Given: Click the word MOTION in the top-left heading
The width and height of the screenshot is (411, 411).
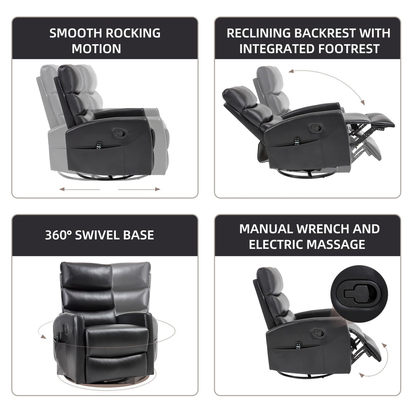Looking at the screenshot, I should pyautogui.click(x=96, y=49).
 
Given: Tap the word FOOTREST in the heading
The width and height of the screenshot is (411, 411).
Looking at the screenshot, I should pyautogui.click(x=349, y=49).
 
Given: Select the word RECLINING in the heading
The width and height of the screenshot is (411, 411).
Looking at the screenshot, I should pyautogui.click(x=258, y=33).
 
